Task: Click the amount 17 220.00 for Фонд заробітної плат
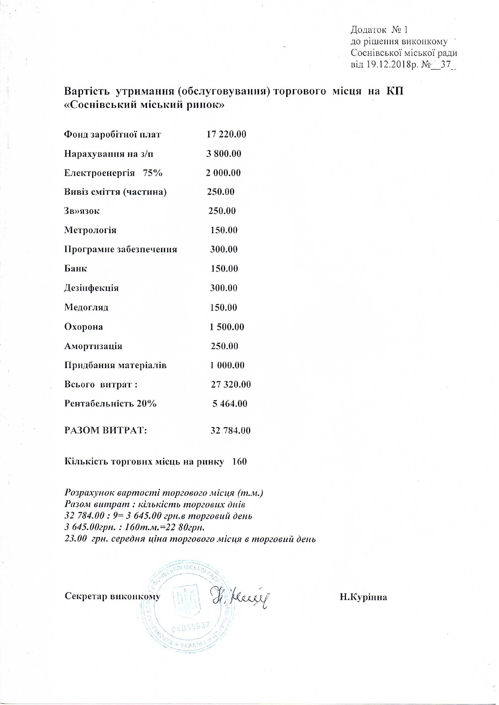pos(226,134)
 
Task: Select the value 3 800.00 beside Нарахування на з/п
pos(224,154)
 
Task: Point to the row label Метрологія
pos(90,230)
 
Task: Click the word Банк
pos(76,269)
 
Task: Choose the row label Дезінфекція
pos(91,288)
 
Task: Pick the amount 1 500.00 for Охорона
pos(227,327)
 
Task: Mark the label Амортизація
pos(93,346)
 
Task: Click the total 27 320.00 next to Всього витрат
pos(231,384)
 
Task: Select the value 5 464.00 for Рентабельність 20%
pos(229,403)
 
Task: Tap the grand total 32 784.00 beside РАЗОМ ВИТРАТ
pos(230,430)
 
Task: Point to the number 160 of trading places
pos(239,462)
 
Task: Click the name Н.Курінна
pos(363,597)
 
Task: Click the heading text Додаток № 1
pos(379,30)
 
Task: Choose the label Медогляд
pos(86,307)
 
